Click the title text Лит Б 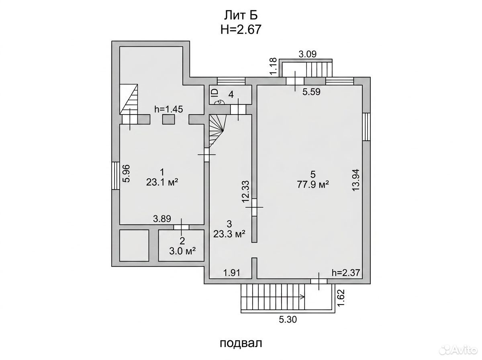pos(241,16)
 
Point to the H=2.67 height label pos(241,29)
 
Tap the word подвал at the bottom pos(241,343)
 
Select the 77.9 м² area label pos(312,184)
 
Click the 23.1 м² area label pos(162,182)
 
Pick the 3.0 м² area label pos(182,251)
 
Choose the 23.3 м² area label pos(229,234)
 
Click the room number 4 pos(231,95)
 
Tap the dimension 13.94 pos(355,180)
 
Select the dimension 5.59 pos(311,92)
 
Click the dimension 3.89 pos(162,219)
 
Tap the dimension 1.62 pos(341,298)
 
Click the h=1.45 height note pos(169,109)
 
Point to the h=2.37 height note pos(346,272)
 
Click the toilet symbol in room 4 pos(220,102)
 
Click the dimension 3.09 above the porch pos(307,54)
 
